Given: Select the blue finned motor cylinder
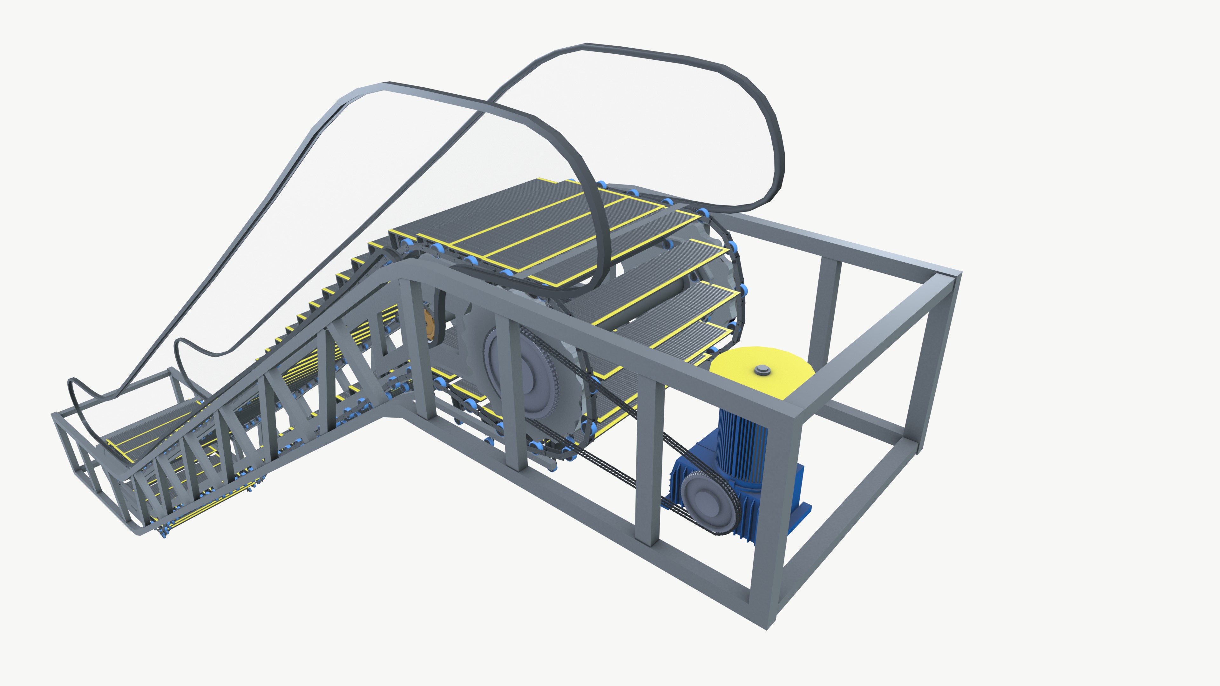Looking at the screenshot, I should click(739, 440).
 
